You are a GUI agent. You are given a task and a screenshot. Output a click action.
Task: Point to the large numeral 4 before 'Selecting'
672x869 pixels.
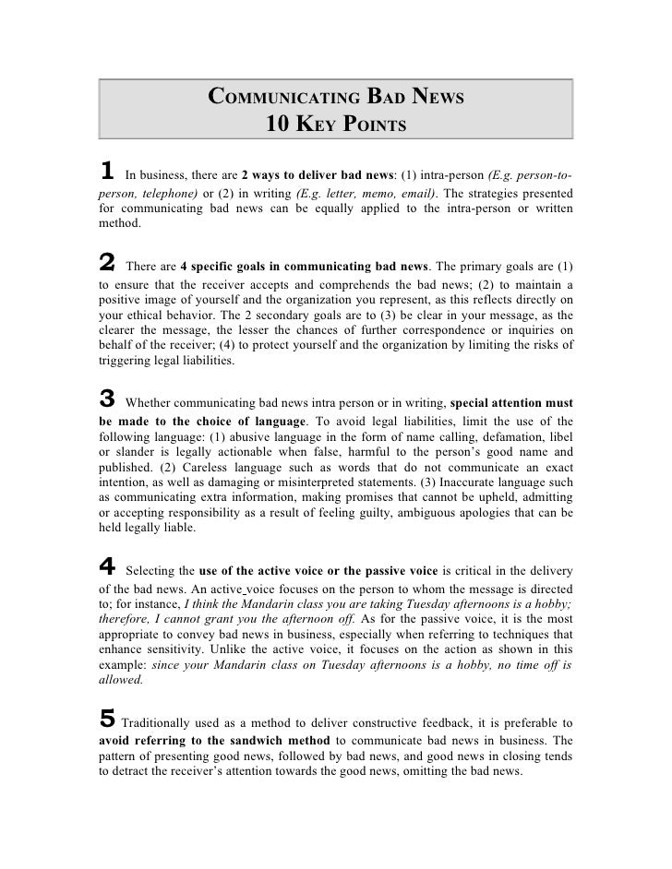coord(107,563)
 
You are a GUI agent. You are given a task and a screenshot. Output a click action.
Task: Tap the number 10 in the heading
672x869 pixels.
coord(279,124)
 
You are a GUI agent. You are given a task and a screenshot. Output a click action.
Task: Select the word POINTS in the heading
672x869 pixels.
coord(368,124)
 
